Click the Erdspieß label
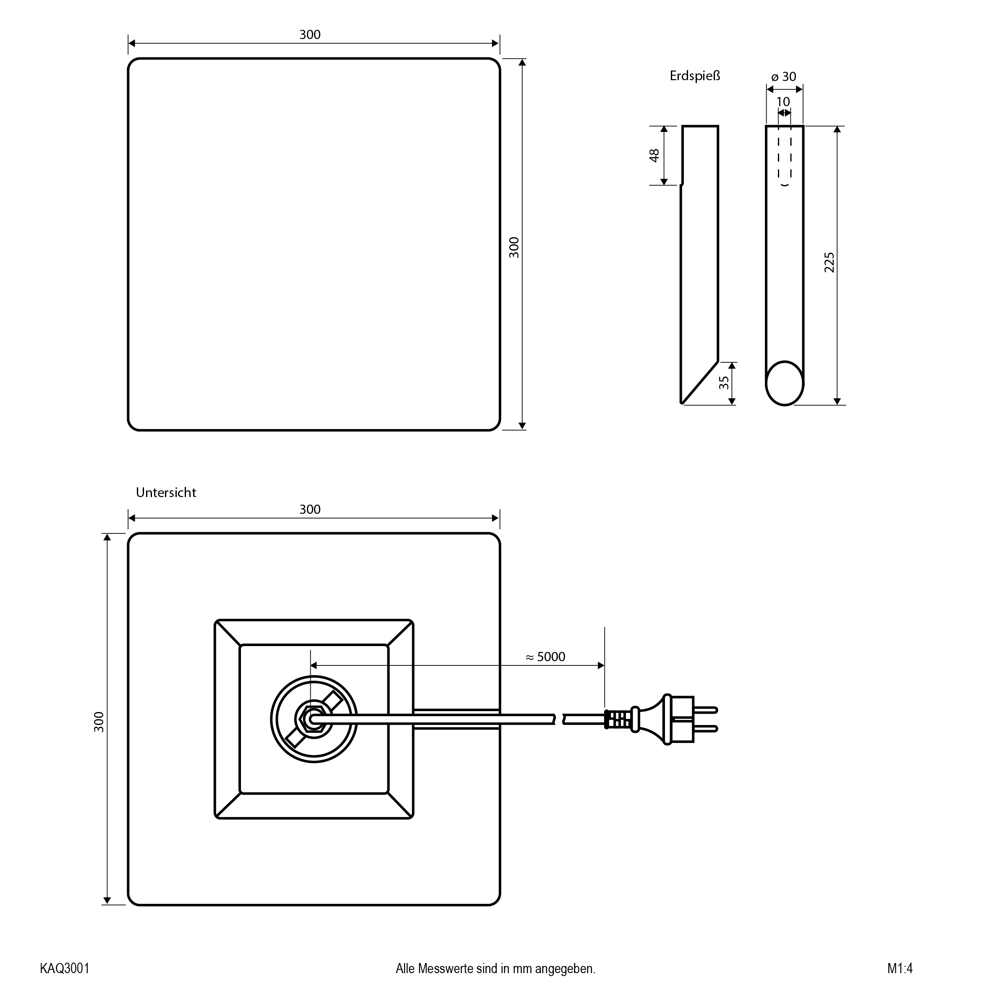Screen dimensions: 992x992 pyautogui.click(x=695, y=76)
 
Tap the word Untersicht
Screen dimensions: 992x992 pyautogui.click(x=166, y=492)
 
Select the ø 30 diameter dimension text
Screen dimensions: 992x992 pyautogui.click(x=783, y=76)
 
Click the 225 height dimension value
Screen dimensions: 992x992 pyautogui.click(x=829, y=262)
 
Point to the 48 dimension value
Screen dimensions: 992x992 pyautogui.click(x=654, y=156)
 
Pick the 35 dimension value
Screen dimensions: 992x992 pyautogui.click(x=723, y=382)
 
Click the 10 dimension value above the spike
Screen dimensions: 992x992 pyautogui.click(x=783, y=102)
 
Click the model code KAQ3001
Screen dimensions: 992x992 pyautogui.click(x=65, y=968)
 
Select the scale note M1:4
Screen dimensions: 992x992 pyautogui.click(x=900, y=968)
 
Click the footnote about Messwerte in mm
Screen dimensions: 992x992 pyautogui.click(x=495, y=969)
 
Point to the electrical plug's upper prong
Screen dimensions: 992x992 pyautogui.click(x=706, y=710)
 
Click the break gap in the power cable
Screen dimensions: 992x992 pyautogui.click(x=559, y=719)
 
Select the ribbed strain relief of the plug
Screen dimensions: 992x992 pyautogui.click(x=619, y=719)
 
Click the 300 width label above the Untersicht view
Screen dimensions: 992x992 pyautogui.click(x=310, y=509)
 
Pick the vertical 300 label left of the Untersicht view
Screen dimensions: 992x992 pyautogui.click(x=99, y=722)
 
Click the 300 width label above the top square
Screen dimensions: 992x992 pyautogui.click(x=310, y=34)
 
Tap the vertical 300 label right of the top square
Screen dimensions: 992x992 pyautogui.click(x=514, y=248)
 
